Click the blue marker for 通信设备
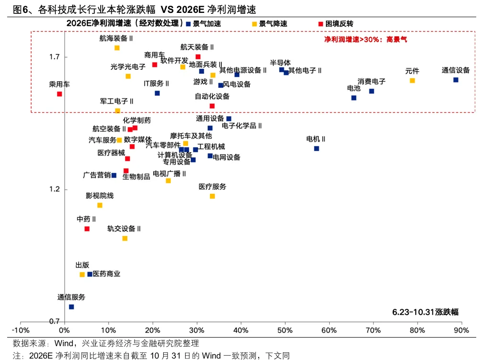[456, 80]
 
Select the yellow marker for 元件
[412, 81]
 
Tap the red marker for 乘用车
[60, 94]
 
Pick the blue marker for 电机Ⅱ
[316, 148]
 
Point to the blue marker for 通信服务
[72, 307]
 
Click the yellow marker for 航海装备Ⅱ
[117, 48]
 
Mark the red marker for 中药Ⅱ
[87, 229]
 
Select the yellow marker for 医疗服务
[212, 196]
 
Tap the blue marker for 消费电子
[372, 91]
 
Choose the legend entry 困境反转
[339, 23]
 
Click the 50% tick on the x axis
[285, 330]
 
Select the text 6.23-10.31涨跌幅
[425, 312]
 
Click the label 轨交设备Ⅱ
[124, 229]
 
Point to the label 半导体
[280, 63]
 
